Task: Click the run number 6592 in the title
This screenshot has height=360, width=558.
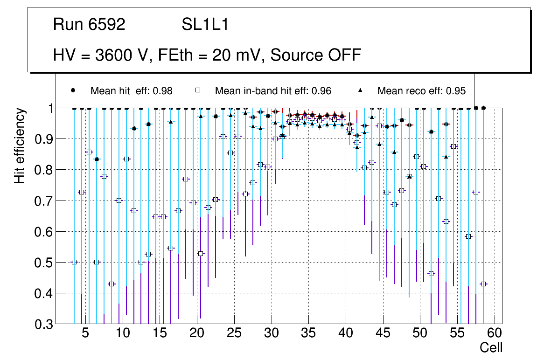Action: coord(107,25)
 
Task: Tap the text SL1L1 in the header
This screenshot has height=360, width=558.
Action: coord(205,25)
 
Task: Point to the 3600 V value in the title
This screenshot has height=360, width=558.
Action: coord(121,55)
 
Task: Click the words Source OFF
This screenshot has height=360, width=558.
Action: coord(316,55)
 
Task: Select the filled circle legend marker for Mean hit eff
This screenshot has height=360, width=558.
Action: coord(73,90)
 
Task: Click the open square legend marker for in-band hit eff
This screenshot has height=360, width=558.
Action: coord(197,90)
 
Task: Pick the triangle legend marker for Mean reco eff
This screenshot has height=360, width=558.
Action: coord(360,90)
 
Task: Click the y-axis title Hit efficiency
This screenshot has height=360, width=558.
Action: coord(20,145)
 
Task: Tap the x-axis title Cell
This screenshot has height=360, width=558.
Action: coord(491,347)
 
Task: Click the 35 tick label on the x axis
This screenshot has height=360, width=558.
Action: coord(308,333)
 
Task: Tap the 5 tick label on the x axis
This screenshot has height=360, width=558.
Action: coord(85,333)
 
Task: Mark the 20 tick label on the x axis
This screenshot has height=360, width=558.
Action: coord(197,333)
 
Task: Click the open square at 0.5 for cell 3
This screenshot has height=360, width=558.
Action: coord(74,262)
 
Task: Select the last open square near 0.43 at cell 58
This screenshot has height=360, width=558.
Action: coord(483,284)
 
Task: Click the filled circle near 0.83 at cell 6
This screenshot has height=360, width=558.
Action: coord(97,159)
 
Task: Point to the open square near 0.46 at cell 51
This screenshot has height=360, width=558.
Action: coord(431,274)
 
